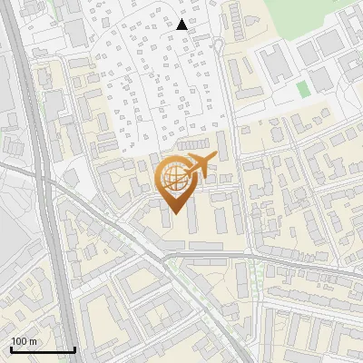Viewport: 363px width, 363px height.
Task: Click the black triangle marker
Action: (x=182, y=25)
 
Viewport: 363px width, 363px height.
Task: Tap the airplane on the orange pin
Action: (x=198, y=166)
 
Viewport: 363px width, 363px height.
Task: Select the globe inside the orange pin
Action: (x=173, y=177)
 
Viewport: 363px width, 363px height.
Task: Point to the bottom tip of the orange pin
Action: (x=173, y=213)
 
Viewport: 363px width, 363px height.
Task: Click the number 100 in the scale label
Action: (x=19, y=341)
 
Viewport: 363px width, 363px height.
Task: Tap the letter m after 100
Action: (x=33, y=341)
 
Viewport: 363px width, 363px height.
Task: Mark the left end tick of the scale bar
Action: (x=11, y=349)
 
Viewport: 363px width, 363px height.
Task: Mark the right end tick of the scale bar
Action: (x=74, y=349)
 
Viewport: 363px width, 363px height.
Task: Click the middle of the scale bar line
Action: (x=43, y=350)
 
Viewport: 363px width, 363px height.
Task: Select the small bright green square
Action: (x=302, y=89)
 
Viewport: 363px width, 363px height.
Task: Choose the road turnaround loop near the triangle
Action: (x=218, y=45)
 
